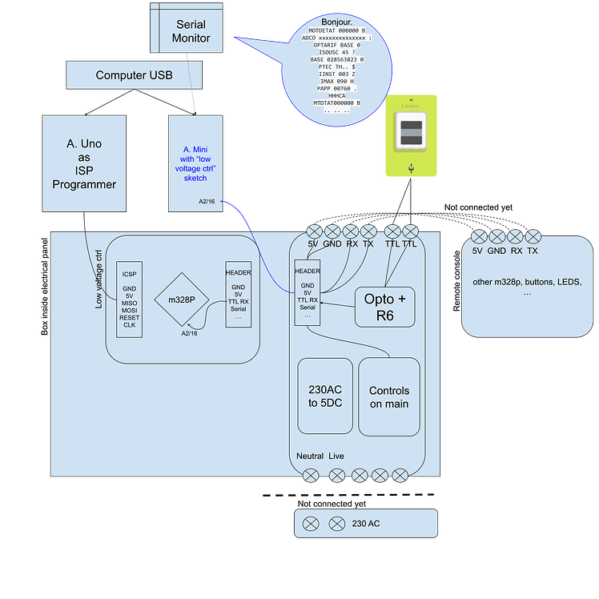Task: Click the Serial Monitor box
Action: point(192,30)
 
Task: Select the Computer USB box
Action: point(133,75)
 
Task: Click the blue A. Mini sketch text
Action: point(196,165)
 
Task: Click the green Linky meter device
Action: point(412,135)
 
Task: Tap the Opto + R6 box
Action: point(384,306)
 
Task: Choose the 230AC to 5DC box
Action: point(325,396)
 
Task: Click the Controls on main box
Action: point(389,396)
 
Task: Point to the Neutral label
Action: point(310,456)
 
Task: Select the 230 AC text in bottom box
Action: point(366,524)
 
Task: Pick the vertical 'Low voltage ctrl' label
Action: point(98,279)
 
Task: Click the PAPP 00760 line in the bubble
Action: point(336,88)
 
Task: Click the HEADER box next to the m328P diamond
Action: point(238,293)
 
